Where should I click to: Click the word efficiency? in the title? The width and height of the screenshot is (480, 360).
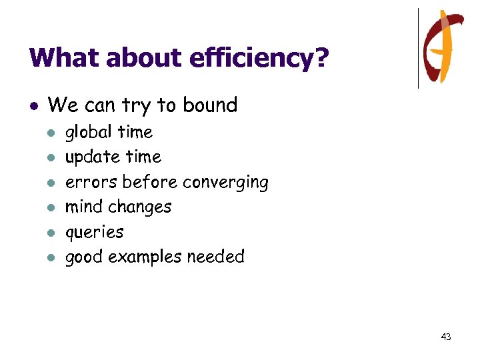coord(259,59)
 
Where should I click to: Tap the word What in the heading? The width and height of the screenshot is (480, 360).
coord(62,57)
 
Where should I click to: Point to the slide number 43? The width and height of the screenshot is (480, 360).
coord(446,337)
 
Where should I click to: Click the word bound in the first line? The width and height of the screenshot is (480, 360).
coord(210,105)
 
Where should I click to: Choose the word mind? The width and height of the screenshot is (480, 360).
coord(83,207)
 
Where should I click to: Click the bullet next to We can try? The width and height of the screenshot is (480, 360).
coord(35,105)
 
